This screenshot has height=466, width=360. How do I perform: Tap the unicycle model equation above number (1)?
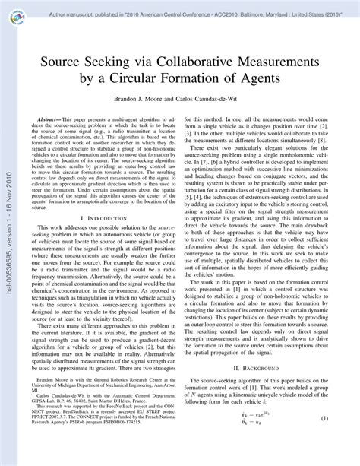(263, 439)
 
